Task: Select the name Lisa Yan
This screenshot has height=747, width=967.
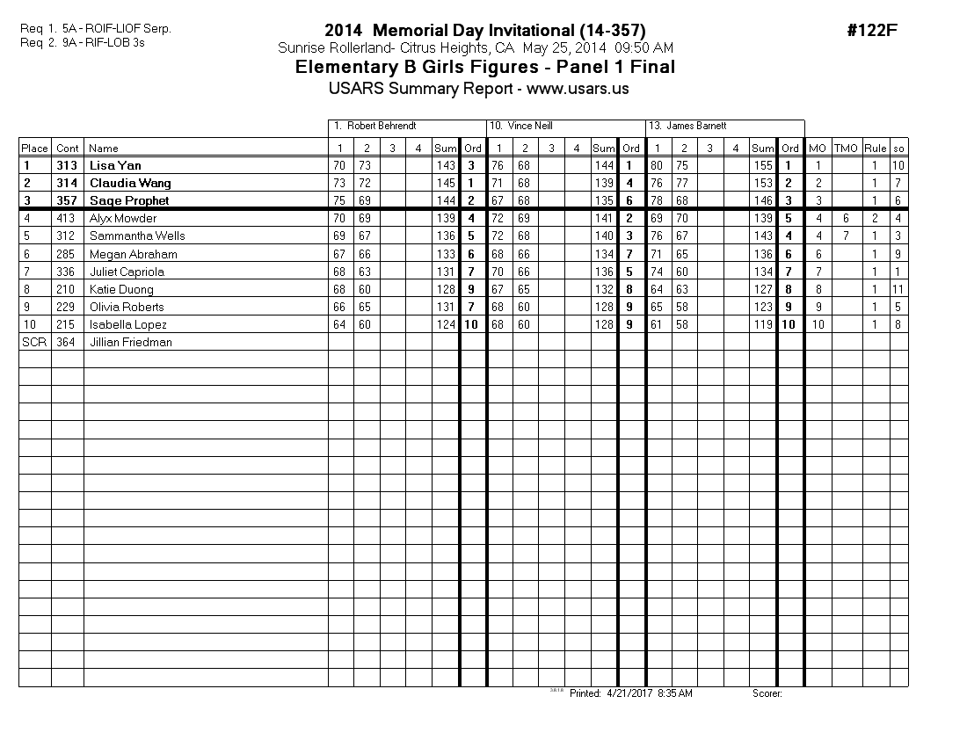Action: click(115, 165)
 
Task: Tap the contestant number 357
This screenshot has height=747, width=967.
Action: click(67, 200)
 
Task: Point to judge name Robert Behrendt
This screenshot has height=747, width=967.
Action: click(381, 127)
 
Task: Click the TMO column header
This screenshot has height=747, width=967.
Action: click(846, 149)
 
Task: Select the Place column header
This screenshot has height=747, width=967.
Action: click(35, 149)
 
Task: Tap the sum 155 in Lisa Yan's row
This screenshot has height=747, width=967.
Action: click(763, 165)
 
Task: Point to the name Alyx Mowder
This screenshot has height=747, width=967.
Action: click(123, 218)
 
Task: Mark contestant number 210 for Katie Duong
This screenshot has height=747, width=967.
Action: click(67, 289)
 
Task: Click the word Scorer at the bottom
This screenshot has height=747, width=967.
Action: click(767, 693)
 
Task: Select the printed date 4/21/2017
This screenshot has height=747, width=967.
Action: click(626, 693)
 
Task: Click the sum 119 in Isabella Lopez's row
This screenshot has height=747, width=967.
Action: click(763, 324)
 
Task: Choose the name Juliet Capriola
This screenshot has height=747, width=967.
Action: click(127, 272)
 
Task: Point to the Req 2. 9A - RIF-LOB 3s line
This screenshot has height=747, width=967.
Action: click(82, 42)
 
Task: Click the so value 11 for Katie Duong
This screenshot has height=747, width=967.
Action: click(898, 289)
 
